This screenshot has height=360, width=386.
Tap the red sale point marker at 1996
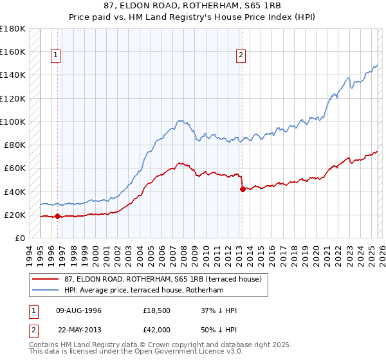point(57,217)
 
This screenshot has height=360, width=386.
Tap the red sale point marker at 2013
point(243,189)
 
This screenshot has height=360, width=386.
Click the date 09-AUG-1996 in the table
point(78,310)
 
